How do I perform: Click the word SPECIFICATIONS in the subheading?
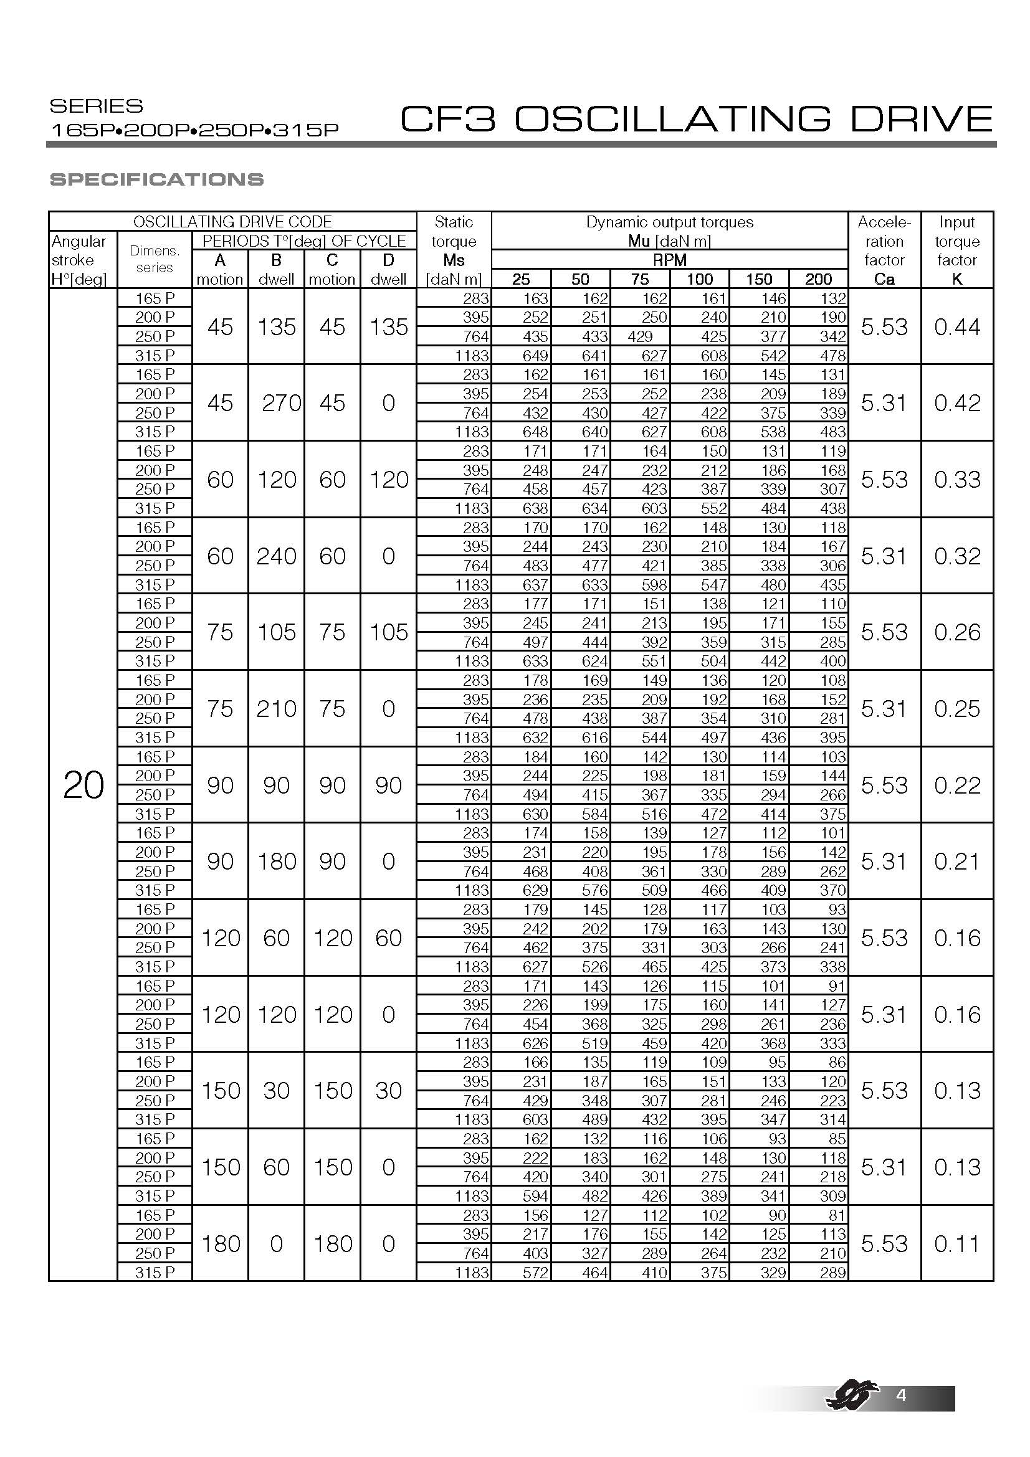pyautogui.click(x=157, y=179)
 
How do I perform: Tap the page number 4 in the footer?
pyautogui.click(x=900, y=1395)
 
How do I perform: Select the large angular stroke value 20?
pyautogui.click(x=83, y=785)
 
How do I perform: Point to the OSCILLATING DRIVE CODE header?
pyautogui.click(x=232, y=222)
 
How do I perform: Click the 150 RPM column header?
pyautogui.click(x=759, y=279)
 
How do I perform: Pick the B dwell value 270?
pyautogui.click(x=281, y=403)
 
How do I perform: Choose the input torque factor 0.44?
pyautogui.click(x=957, y=327)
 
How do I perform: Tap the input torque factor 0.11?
pyautogui.click(x=957, y=1244)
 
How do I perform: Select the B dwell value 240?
pyautogui.click(x=276, y=556)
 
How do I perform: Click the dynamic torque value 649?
pyautogui.click(x=535, y=355)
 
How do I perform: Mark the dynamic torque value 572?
pyautogui.click(x=535, y=1273)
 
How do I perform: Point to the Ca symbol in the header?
pyautogui.click(x=884, y=279)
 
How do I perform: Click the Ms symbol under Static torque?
pyautogui.click(x=454, y=260)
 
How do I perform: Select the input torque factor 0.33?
pyautogui.click(x=957, y=480)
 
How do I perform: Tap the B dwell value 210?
pyautogui.click(x=276, y=709)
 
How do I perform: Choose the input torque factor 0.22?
pyautogui.click(x=957, y=785)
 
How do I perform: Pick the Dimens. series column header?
pyautogui.click(x=155, y=259)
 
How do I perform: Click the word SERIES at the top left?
pyautogui.click(x=97, y=106)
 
